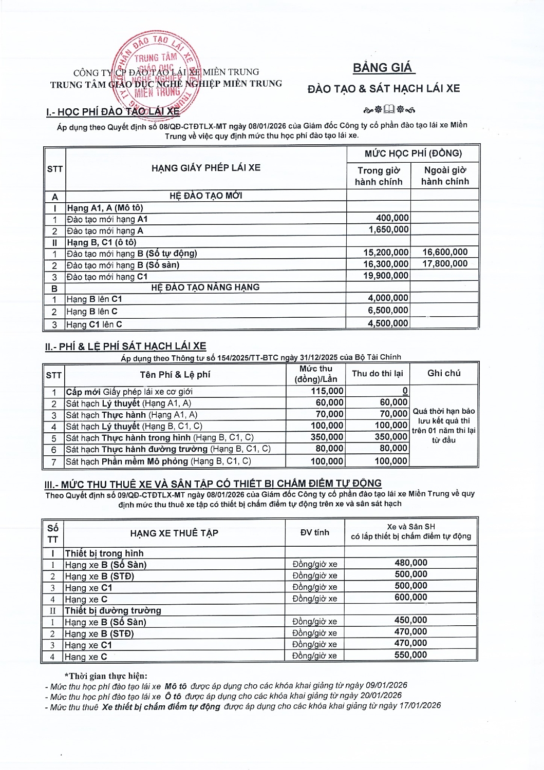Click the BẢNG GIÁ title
[x=383, y=68]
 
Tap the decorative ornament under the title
[x=389, y=109]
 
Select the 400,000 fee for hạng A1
[x=392, y=218]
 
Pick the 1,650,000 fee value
[x=389, y=229]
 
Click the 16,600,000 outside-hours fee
[x=445, y=252]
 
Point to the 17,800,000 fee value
[x=445, y=264]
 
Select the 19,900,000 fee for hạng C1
[x=386, y=276]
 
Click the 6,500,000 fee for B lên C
[x=388, y=311]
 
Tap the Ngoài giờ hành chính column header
[x=445, y=176]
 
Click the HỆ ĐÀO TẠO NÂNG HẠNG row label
[x=205, y=287]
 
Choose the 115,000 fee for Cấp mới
[x=327, y=391]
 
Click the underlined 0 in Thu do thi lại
[x=405, y=391]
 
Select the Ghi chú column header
[x=444, y=373]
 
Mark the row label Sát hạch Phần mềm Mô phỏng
[x=158, y=461]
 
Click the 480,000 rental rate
[x=411, y=563]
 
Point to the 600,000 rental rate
[x=411, y=598]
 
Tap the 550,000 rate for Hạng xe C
[x=411, y=655]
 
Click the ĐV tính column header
[x=314, y=532]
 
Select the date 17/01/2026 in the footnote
[x=420, y=706]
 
